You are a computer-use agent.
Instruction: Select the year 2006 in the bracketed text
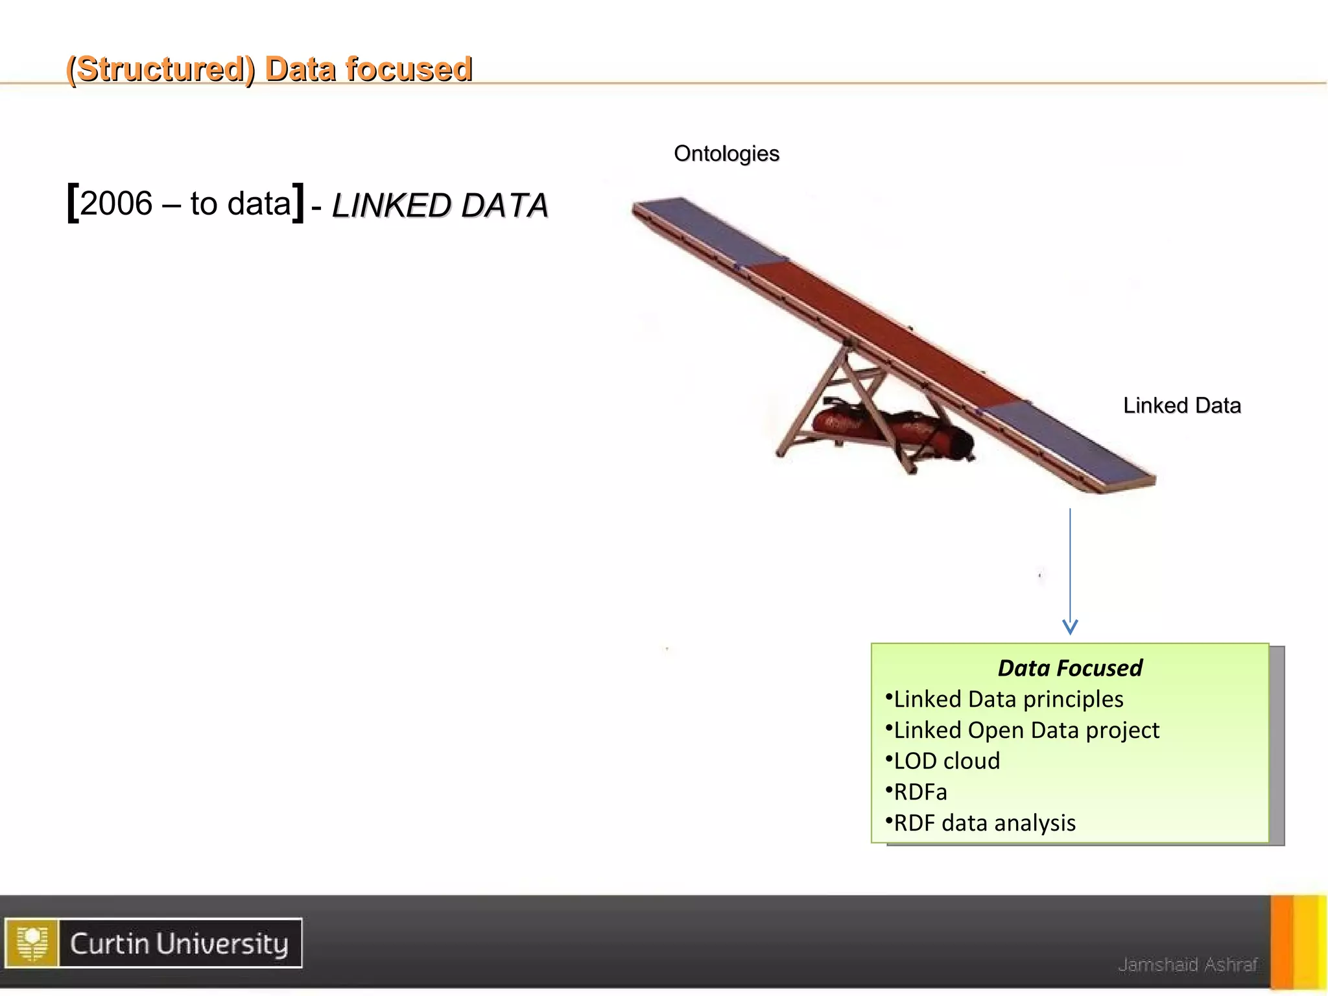pos(116,204)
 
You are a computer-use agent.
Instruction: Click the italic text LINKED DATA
pos(440,206)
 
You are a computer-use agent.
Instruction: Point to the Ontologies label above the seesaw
pos(726,154)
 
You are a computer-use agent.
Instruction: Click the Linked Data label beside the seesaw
pos(1181,405)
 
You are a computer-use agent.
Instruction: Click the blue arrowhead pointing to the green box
pos(1070,626)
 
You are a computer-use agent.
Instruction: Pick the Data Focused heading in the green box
pos(1070,668)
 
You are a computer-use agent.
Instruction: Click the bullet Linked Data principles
pos(1008,699)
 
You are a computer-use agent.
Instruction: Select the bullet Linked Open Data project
pos(1026,730)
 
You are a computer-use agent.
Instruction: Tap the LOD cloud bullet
pos(947,761)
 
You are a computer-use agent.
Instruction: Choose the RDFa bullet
pos(920,792)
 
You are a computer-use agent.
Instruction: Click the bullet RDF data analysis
pos(984,823)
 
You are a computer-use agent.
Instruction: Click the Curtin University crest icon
pos(32,943)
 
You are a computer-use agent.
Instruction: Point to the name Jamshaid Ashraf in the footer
pos(1187,965)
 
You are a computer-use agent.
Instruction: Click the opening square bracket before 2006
pos(73,204)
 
